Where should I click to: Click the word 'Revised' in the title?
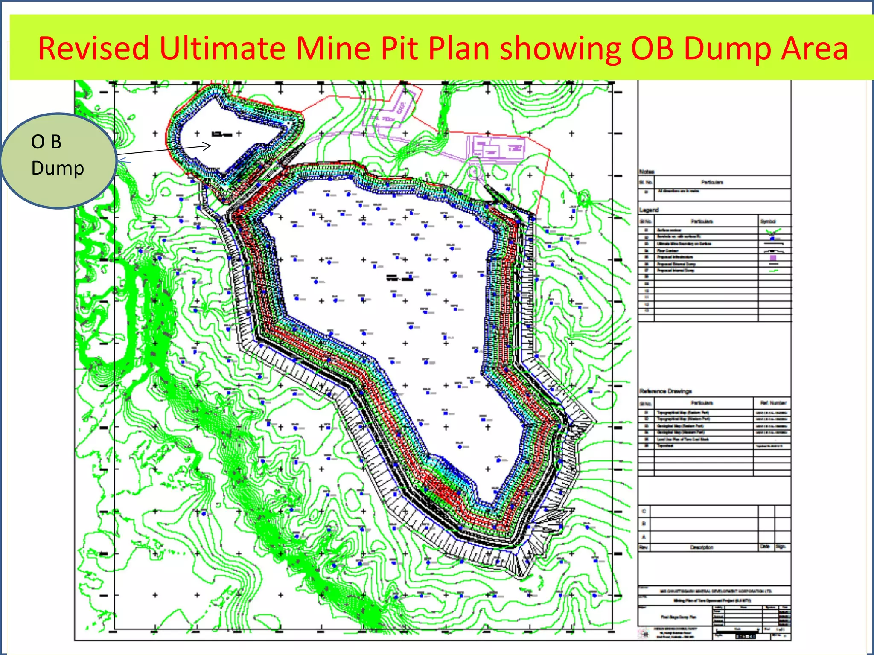(93, 48)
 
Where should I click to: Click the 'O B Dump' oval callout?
(58, 160)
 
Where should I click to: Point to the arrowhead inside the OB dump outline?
(208, 146)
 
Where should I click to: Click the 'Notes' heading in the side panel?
(647, 172)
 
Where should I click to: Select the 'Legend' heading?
(649, 210)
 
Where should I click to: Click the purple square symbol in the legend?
(773, 257)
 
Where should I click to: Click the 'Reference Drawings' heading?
(665, 391)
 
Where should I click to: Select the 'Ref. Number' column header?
(772, 402)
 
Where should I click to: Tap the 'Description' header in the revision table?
(702, 547)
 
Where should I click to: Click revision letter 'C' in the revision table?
(644, 511)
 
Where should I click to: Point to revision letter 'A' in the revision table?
(644, 537)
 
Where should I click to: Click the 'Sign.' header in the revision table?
(781, 547)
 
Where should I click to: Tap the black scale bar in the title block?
(745, 636)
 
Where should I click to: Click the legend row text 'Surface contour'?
(669, 230)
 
